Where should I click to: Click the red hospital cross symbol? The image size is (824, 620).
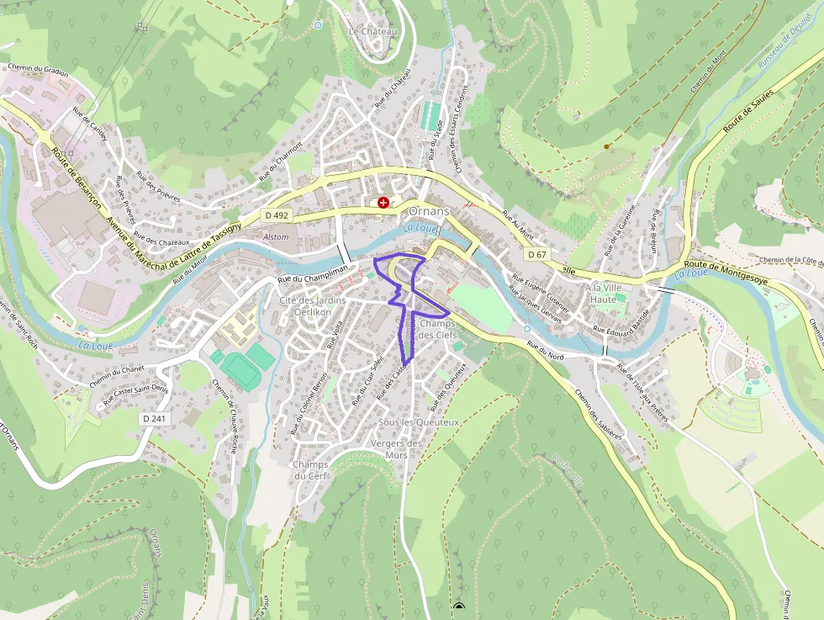tap(384, 202)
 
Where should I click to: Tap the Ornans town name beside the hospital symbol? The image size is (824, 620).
tap(429, 210)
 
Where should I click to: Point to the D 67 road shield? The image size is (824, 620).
tap(537, 254)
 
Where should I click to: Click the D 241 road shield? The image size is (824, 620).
tap(152, 418)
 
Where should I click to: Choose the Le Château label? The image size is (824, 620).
tap(372, 31)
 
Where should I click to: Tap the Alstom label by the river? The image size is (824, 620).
tap(276, 237)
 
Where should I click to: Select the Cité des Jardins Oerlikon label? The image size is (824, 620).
tap(312, 306)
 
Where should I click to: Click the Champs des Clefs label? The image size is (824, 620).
tap(437, 330)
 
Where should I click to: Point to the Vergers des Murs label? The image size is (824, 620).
tap(395, 449)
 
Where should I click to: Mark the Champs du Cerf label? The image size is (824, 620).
tap(310, 470)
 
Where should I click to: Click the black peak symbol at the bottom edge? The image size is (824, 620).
tap(458, 607)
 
